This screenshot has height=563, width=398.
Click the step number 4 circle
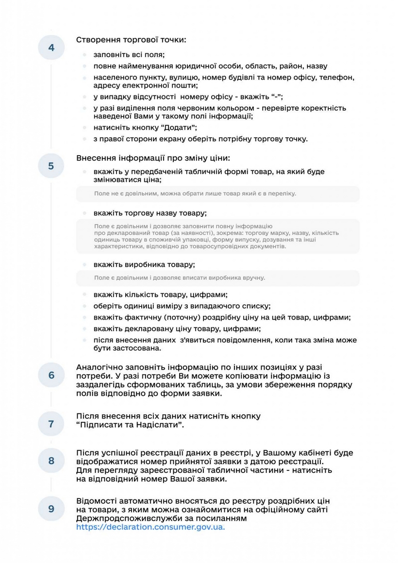click(51, 48)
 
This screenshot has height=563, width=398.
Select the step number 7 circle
click(51, 423)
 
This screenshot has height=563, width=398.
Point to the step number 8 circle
click(51, 461)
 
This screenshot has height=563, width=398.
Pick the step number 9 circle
click(51, 509)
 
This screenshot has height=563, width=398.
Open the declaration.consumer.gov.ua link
click(150, 527)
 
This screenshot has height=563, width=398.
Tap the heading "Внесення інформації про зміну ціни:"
click(153, 158)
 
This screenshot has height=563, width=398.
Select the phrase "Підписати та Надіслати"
click(131, 425)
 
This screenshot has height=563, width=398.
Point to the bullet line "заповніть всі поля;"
click(130, 55)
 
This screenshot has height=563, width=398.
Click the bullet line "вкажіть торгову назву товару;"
click(150, 213)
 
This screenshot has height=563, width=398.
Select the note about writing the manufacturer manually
click(180, 278)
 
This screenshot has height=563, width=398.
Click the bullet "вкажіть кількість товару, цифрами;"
click(161, 294)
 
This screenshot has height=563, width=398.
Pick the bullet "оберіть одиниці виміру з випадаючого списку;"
click(182, 306)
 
